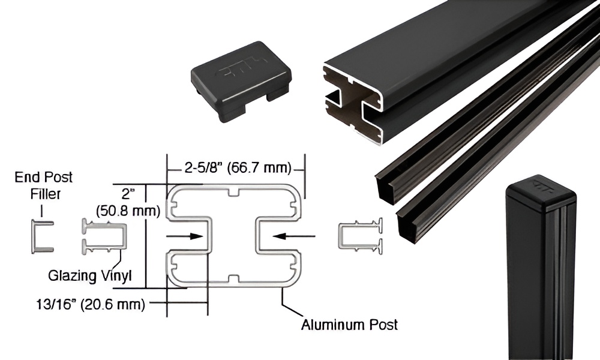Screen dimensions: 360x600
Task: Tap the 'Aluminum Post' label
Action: [x=349, y=325]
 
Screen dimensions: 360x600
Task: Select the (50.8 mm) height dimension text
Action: [x=128, y=211]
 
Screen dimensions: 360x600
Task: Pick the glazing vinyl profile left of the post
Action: [x=104, y=236]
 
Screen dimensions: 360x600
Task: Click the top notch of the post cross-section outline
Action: [x=235, y=193]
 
